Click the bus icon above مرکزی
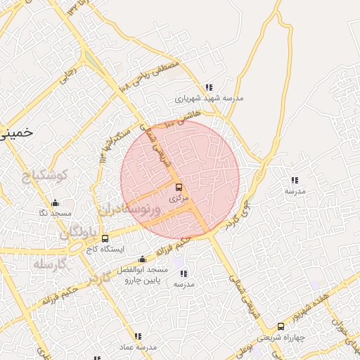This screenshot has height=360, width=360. click(179, 187)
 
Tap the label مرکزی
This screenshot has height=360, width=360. click(179, 198)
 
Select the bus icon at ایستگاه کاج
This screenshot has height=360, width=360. click(105, 238)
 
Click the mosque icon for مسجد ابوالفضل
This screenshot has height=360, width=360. click(143, 259)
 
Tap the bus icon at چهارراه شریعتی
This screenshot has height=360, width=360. click(281, 326)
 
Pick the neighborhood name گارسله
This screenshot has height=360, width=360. click(50, 264)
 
